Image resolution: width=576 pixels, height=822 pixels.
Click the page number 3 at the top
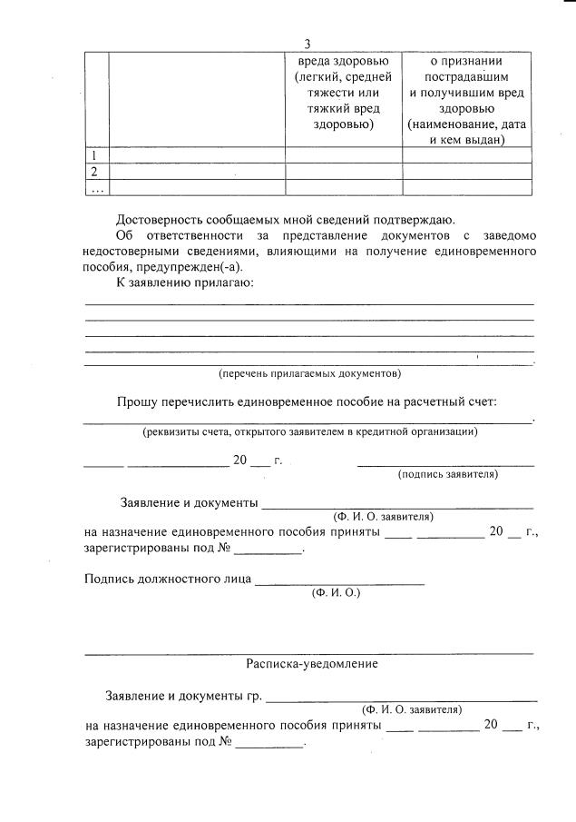pyautogui.click(x=308, y=44)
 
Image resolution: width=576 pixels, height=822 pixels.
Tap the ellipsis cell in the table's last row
pyautogui.click(x=95, y=187)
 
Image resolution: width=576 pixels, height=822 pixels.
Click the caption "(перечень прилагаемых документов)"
pyautogui.click(x=308, y=373)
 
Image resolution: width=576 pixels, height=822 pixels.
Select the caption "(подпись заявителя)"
pyautogui.click(x=447, y=474)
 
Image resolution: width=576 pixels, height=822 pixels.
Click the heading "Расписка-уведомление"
pyautogui.click(x=311, y=664)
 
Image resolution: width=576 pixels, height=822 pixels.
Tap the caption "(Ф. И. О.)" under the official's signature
pyautogui.click(x=336, y=592)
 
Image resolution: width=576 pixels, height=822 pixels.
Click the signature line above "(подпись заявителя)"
pyautogui.click(x=445, y=464)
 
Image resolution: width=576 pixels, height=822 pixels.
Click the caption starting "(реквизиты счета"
pyautogui.click(x=309, y=431)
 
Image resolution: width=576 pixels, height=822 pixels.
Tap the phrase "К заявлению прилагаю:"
pyautogui.click(x=184, y=283)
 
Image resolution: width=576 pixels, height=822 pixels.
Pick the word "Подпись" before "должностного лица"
pyautogui.click(x=108, y=578)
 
